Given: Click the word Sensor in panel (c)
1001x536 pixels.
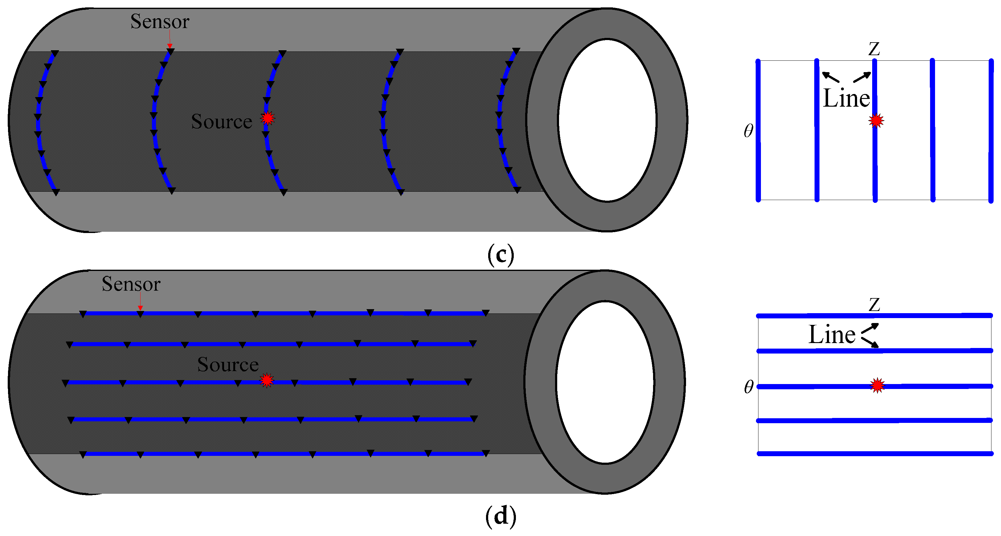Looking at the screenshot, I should [160, 21].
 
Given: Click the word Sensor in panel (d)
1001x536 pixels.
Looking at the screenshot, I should [131, 284].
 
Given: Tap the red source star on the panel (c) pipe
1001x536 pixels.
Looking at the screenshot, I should [267, 118].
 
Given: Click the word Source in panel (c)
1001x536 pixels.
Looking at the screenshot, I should [222, 122].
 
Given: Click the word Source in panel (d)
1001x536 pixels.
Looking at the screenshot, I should [228, 365].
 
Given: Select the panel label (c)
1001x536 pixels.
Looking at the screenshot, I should [501, 255].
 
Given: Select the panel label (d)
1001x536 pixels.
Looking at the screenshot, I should [501, 516].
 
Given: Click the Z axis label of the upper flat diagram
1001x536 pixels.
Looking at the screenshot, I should [874, 49].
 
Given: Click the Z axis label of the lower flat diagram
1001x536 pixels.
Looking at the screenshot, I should [874, 305].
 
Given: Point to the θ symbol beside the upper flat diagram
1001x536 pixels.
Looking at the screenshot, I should [748, 131].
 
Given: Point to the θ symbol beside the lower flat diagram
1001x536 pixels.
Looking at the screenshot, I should [748, 387].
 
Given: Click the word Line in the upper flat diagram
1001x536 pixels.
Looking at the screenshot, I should [846, 98].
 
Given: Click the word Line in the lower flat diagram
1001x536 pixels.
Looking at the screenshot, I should [831, 335].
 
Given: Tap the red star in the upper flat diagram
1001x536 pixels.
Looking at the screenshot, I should [876, 121].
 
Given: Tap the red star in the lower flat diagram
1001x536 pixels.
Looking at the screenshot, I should [877, 386].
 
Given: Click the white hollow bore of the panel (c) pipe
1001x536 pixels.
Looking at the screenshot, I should [607, 121].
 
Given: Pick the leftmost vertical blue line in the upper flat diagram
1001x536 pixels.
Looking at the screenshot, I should [758, 130].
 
